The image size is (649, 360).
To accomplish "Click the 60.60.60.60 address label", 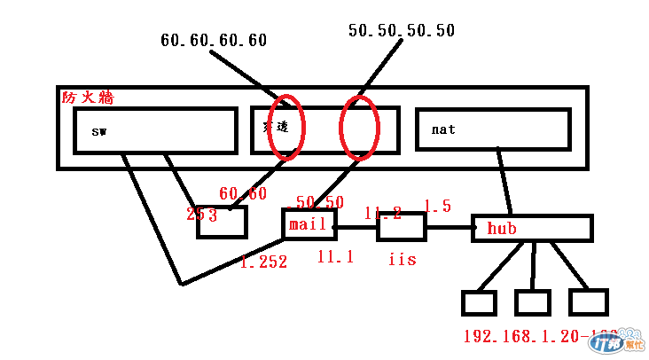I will click(214, 40).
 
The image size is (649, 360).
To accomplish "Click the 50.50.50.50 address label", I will click(402, 31).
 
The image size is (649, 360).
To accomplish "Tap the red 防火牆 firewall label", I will click(88, 98).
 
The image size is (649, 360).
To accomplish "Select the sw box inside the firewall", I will click(155, 130).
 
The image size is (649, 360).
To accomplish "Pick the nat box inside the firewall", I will click(491, 129).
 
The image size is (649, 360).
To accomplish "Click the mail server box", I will click(308, 225).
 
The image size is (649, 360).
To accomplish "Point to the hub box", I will click(531, 228).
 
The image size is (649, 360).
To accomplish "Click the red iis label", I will click(402, 261).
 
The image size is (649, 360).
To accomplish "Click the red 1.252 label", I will click(263, 262).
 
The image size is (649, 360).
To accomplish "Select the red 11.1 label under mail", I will click(336, 256).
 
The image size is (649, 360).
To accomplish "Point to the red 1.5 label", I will click(437, 207).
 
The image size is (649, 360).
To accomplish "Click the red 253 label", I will click(202, 214).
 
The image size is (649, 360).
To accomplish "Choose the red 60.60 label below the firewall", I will click(243, 193).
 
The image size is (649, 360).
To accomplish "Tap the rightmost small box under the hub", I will click(588, 302).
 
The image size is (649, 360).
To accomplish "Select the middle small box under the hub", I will click(533, 302).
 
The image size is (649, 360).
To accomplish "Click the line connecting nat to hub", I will click(504, 181).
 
